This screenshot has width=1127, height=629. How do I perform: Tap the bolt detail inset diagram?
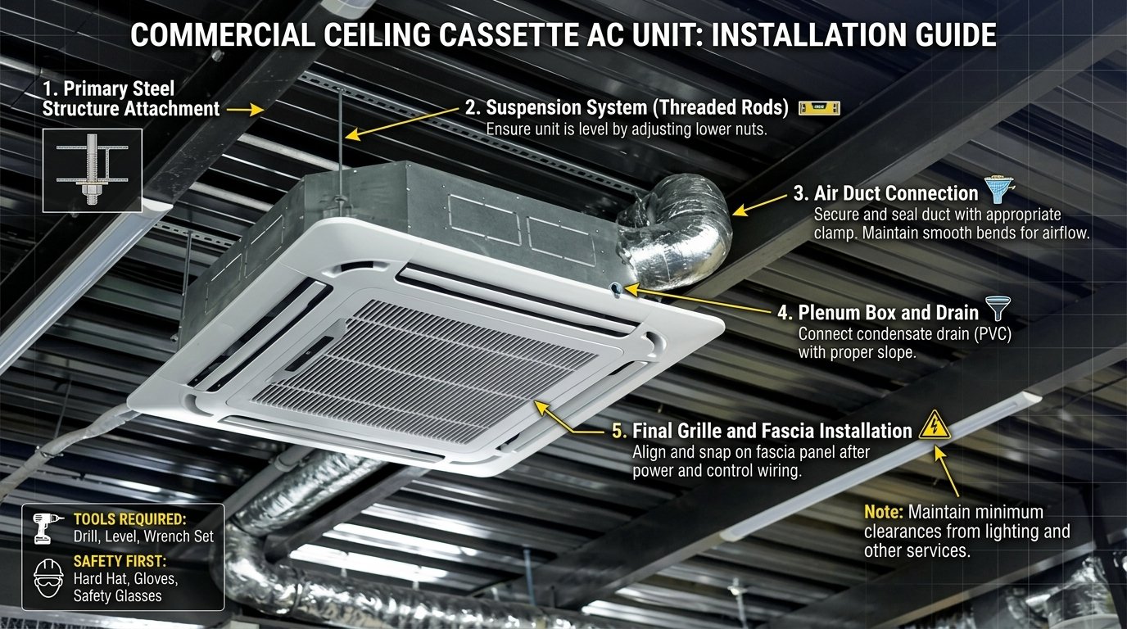pos(92,170)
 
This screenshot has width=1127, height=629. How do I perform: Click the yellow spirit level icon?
pos(819,108)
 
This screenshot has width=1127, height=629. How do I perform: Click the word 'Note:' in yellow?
pos(883,513)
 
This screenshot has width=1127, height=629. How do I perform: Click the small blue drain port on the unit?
pos(615,286)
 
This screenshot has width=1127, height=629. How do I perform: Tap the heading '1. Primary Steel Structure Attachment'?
pos(131,98)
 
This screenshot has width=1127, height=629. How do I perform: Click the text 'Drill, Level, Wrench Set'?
pos(143,536)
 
